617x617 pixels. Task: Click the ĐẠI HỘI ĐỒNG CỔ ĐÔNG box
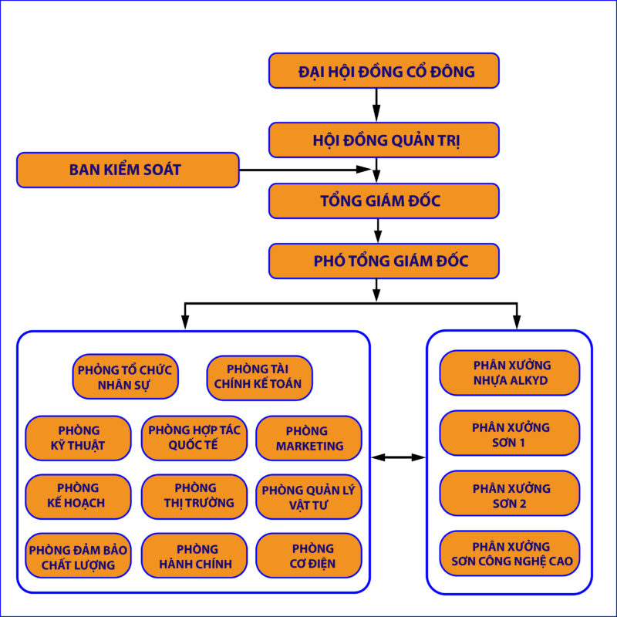pyautogui.click(x=384, y=71)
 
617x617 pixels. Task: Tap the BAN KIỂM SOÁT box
pyautogui.click(x=127, y=170)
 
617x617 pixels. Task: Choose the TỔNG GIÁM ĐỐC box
pyautogui.click(x=384, y=201)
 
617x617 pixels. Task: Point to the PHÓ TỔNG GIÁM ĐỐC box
pyautogui.click(x=384, y=261)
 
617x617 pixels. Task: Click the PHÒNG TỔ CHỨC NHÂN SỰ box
pyautogui.click(x=125, y=376)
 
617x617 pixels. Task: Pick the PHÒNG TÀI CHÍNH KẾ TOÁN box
pyautogui.click(x=259, y=376)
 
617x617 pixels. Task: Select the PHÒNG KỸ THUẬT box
pyautogui.click(x=78, y=437)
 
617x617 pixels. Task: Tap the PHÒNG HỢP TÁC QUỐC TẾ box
pyautogui.click(x=194, y=437)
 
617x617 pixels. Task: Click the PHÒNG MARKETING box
pyautogui.click(x=308, y=437)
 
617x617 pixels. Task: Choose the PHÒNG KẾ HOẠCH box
pyautogui.click(x=78, y=495)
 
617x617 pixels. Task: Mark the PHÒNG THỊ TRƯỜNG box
pyautogui.click(x=194, y=495)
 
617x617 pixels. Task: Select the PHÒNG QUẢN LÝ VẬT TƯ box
pyautogui.click(x=308, y=495)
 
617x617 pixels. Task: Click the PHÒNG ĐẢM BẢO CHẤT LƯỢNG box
pyautogui.click(x=78, y=556)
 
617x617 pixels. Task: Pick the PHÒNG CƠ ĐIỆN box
pyautogui.click(x=308, y=556)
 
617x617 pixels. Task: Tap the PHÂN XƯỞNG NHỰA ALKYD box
pyautogui.click(x=510, y=372)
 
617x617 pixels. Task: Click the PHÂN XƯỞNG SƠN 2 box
pyautogui.click(x=510, y=495)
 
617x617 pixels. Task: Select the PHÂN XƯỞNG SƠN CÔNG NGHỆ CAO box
pyautogui.click(x=510, y=553)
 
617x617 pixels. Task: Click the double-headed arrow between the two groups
pyautogui.click(x=398, y=457)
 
